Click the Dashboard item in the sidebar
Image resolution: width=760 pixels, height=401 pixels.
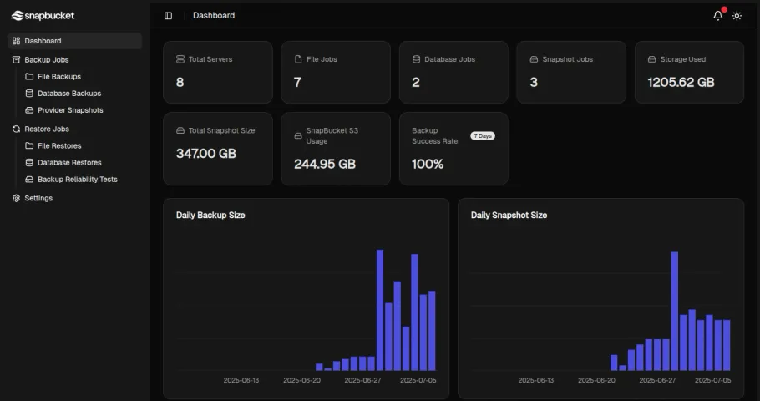[x=43, y=41]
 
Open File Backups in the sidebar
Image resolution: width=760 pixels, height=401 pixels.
[x=59, y=77]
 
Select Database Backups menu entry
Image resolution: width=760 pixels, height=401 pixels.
[x=68, y=94]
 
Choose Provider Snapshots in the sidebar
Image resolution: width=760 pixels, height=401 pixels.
[x=70, y=110]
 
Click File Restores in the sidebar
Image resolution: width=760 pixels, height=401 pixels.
[x=59, y=146]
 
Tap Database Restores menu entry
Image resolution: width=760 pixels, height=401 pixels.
[x=69, y=163]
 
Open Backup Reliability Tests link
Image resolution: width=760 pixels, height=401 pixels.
[x=77, y=180]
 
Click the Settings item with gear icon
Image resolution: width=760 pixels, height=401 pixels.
[x=38, y=199]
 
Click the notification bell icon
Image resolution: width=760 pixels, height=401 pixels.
[x=717, y=16]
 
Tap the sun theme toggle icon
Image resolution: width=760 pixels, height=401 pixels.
[x=737, y=16]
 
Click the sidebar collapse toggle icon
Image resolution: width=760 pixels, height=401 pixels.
[x=169, y=16]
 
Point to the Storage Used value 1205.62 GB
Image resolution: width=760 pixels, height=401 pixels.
[x=681, y=83]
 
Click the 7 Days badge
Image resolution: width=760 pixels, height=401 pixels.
[x=482, y=135]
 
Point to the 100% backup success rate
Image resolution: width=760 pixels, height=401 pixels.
[x=428, y=164]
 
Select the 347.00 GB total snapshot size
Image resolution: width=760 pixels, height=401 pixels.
[x=205, y=154]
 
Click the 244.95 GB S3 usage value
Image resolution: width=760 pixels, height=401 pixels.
[x=324, y=164]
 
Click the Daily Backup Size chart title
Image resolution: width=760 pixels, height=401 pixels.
[x=210, y=216]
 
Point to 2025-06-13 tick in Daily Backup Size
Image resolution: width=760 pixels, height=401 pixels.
[x=241, y=380]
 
